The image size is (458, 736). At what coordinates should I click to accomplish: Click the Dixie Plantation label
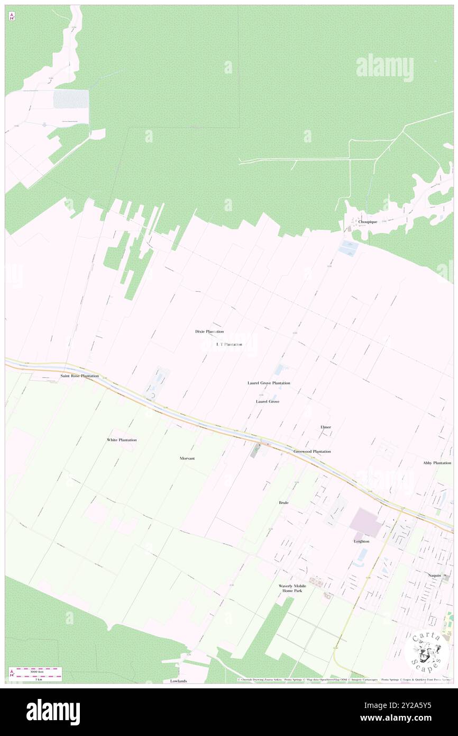209,331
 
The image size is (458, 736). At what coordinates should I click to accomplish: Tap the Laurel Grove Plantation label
269,383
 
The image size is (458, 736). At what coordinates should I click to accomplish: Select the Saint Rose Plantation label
79,376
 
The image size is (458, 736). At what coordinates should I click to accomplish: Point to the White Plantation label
122,440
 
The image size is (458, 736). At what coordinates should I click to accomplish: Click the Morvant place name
187,458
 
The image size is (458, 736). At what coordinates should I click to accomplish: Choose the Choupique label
368,222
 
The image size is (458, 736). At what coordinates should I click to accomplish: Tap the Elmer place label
325,427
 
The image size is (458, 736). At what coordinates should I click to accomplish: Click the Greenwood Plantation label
312,452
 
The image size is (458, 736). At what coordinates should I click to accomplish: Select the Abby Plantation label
437,463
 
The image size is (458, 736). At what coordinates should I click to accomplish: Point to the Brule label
283,502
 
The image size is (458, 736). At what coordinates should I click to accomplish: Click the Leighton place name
362,541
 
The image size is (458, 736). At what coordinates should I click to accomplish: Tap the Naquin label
435,575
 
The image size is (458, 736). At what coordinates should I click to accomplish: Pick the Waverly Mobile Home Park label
292,588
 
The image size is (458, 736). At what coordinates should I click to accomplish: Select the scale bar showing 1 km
37,676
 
